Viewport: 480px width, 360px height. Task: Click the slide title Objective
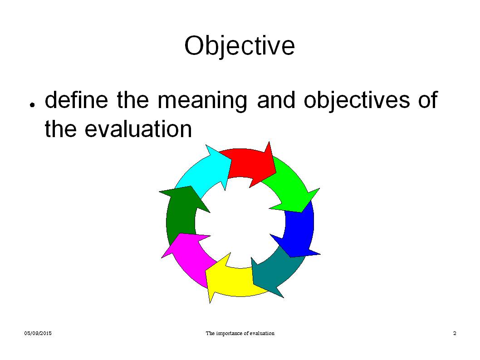point(240,46)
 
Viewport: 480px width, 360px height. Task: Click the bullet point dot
point(32,105)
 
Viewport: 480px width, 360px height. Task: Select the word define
point(78,100)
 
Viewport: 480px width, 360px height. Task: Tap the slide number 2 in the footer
point(455,334)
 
